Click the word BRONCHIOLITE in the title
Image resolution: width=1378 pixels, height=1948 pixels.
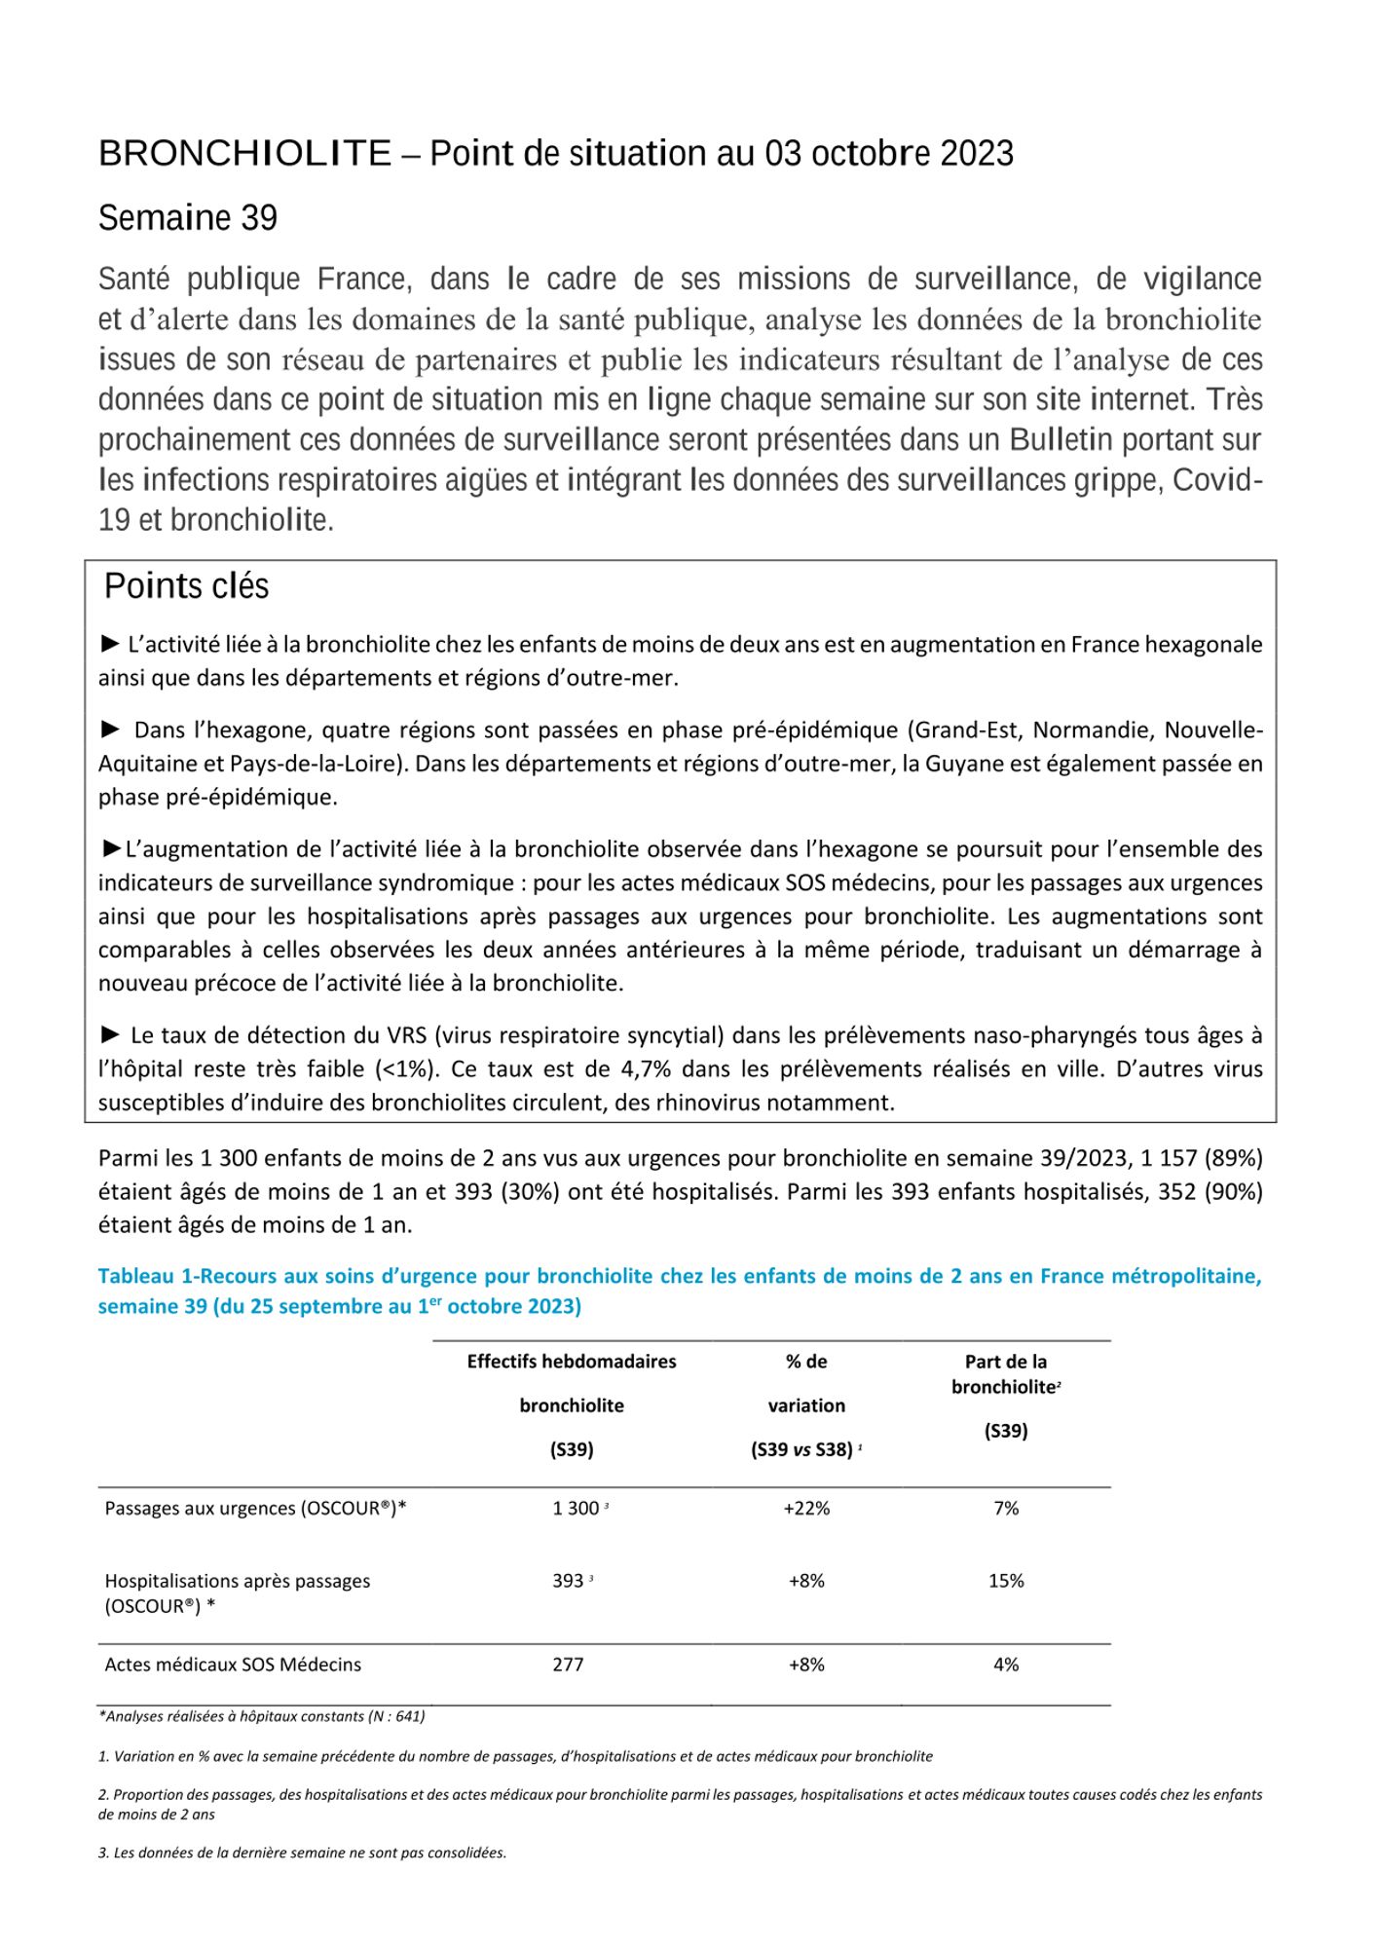click(244, 154)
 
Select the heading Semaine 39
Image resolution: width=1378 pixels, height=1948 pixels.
click(188, 218)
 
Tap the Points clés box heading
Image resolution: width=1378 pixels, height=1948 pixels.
click(186, 586)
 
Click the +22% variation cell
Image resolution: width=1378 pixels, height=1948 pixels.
click(806, 1509)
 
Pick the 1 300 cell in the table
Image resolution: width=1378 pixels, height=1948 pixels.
click(576, 1509)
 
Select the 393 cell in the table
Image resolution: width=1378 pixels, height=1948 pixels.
click(568, 1581)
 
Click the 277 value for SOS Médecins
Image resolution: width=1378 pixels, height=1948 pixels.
click(568, 1665)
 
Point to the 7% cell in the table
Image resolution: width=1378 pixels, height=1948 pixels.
click(1006, 1509)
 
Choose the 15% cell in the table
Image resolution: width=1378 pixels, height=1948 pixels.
click(1006, 1581)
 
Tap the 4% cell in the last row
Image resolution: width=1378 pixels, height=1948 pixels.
click(1006, 1665)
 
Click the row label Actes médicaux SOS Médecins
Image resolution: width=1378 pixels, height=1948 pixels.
click(233, 1665)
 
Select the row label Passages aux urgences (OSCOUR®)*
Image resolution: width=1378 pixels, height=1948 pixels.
click(255, 1509)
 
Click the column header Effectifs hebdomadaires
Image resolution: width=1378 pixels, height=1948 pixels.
click(572, 1362)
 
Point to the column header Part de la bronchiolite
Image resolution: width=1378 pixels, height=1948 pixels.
click(1006, 1374)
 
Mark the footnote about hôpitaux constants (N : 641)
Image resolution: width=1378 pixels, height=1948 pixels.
click(261, 1716)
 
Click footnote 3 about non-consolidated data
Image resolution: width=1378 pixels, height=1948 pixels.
click(302, 1853)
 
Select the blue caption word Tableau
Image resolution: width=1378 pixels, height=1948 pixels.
click(136, 1277)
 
